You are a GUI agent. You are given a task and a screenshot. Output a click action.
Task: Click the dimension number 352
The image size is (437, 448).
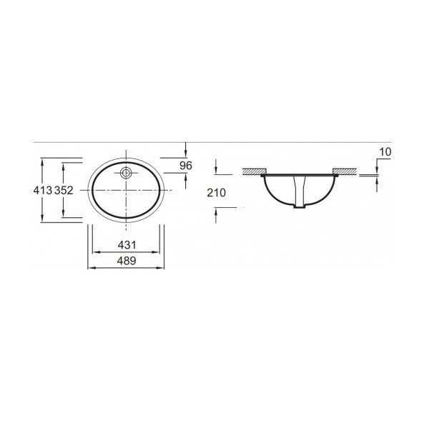click(x=64, y=191)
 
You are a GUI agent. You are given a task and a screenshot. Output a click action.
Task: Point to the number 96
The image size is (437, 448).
click(x=186, y=166)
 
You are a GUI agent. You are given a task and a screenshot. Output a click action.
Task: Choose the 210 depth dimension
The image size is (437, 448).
click(x=216, y=191)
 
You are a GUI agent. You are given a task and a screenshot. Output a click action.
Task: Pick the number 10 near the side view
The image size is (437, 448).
click(x=386, y=152)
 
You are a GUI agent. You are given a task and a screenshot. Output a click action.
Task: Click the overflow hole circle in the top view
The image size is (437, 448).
click(x=126, y=172)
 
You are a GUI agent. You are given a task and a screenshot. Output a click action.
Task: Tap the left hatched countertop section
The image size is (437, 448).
click(x=254, y=171)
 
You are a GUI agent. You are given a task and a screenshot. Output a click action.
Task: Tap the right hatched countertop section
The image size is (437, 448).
click(x=345, y=171)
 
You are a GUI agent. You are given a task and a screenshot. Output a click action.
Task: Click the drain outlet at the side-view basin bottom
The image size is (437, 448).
click(x=300, y=209)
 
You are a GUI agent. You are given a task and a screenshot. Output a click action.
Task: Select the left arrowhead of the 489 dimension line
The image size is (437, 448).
click(x=89, y=267)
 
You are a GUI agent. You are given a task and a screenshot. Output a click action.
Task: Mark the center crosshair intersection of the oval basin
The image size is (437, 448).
click(x=127, y=189)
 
